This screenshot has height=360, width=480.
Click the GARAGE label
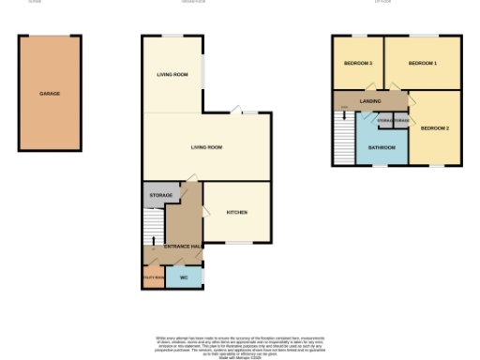(50, 95)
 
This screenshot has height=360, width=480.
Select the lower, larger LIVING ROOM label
(206, 147)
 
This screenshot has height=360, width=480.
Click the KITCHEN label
(237, 213)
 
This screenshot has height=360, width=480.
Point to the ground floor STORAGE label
(161, 196)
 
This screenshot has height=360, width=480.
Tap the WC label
(184, 278)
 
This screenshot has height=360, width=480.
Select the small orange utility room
(153, 279)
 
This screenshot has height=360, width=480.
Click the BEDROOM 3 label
(358, 63)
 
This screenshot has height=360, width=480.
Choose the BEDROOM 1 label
(423, 63)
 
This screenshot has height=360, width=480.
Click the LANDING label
(356, 101)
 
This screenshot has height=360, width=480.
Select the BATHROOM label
(382, 147)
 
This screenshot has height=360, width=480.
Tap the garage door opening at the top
(50, 37)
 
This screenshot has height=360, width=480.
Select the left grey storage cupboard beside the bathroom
(383, 121)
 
